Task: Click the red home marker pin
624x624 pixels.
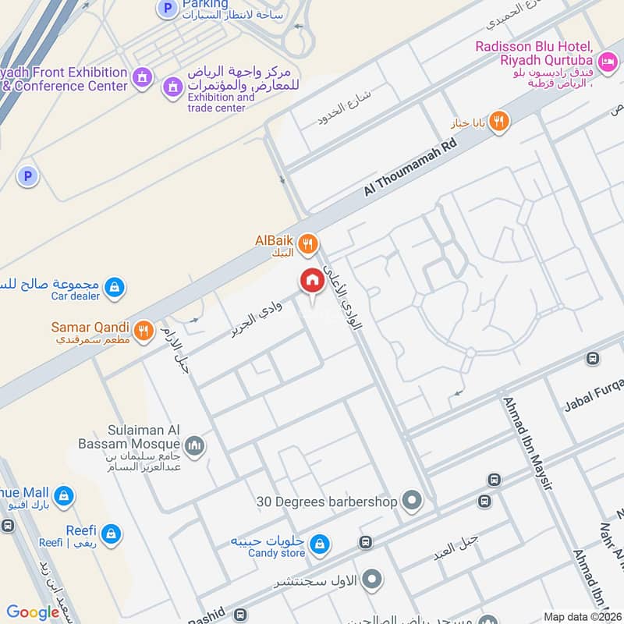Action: click(x=312, y=282)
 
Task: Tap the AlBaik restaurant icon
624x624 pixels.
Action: click(x=308, y=245)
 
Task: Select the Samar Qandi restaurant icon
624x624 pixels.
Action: click(x=143, y=331)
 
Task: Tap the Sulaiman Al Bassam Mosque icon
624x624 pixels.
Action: click(x=194, y=445)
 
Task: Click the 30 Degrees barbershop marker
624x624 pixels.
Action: click(x=413, y=501)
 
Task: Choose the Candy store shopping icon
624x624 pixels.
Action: click(x=318, y=543)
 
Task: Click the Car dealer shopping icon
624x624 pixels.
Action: click(x=115, y=288)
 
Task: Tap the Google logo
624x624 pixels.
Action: click(x=33, y=612)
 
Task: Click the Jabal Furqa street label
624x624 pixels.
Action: click(x=592, y=388)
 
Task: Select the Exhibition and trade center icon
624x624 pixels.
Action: click(x=172, y=87)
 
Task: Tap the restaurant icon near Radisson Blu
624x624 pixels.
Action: click(x=499, y=121)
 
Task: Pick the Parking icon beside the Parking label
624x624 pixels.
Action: click(x=167, y=9)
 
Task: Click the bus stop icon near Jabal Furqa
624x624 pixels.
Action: click(x=592, y=359)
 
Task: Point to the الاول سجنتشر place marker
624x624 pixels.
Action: click(x=373, y=579)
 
